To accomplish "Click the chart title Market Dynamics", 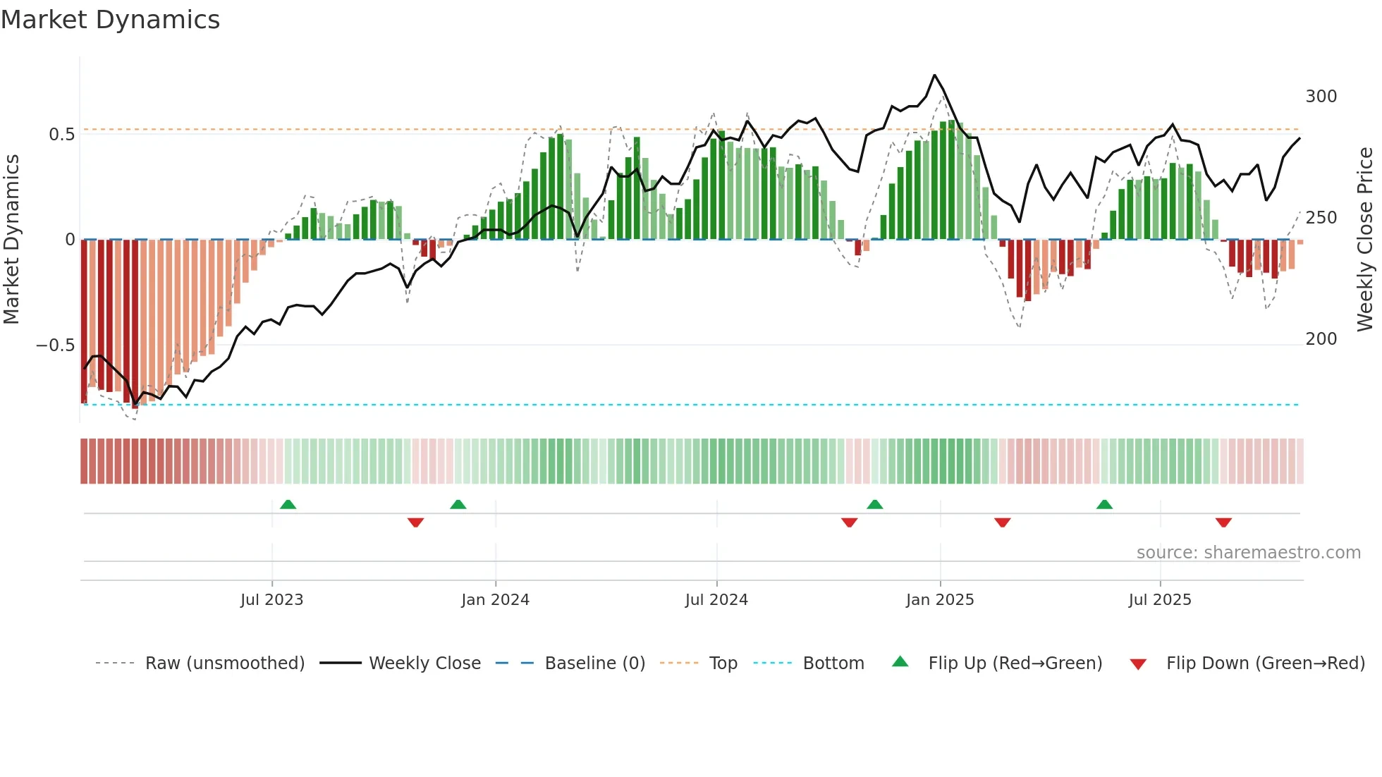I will click(110, 20).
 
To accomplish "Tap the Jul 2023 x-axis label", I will click(271, 600).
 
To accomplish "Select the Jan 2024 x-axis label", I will click(495, 600).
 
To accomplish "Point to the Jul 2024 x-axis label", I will click(716, 600).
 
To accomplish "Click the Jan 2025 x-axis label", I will click(940, 600).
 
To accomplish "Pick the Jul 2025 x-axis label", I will click(1160, 600).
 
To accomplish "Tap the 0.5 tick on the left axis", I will click(61, 135).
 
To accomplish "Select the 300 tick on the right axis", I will click(1321, 97).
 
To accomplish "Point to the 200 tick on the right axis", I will click(1321, 339).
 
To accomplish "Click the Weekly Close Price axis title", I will click(1365, 240).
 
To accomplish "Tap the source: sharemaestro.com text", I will click(1248, 553).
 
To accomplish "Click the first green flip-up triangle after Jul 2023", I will click(288, 504).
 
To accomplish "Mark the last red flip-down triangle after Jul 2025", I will click(1223, 522).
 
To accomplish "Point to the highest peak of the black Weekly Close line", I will click(935, 75).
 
